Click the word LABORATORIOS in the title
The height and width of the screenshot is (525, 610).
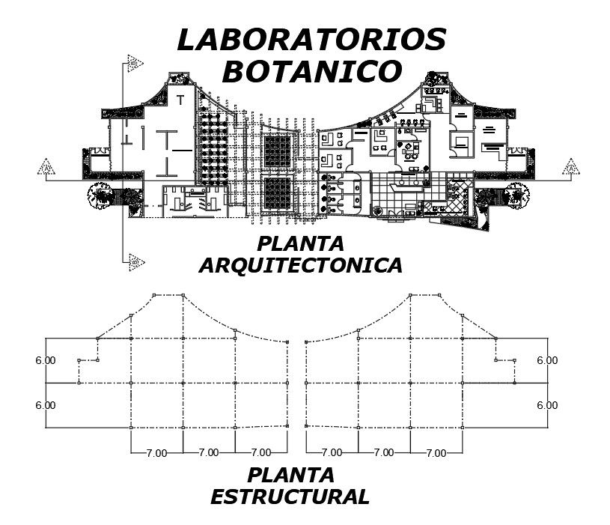click(311, 40)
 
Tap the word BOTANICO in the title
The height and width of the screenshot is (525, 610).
click(312, 73)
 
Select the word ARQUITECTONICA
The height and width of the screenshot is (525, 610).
click(301, 265)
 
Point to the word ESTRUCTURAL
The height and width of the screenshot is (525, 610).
click(290, 497)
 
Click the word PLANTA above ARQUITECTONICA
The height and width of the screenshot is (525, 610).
click(300, 243)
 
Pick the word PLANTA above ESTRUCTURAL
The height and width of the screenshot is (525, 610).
click(290, 475)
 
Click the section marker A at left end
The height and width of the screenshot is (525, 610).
click(47, 166)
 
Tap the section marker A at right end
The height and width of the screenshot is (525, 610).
click(571, 166)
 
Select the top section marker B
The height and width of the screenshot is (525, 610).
click(135, 62)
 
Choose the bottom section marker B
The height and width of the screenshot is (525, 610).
click(135, 261)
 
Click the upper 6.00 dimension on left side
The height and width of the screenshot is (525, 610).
click(45, 360)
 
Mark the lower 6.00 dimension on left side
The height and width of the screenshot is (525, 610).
click(45, 405)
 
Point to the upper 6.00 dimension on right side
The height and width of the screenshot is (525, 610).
click(547, 360)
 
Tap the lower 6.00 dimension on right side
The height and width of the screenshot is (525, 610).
click(547, 405)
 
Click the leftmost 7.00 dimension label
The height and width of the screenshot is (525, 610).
click(156, 452)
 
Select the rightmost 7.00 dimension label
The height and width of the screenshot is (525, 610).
click(436, 452)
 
